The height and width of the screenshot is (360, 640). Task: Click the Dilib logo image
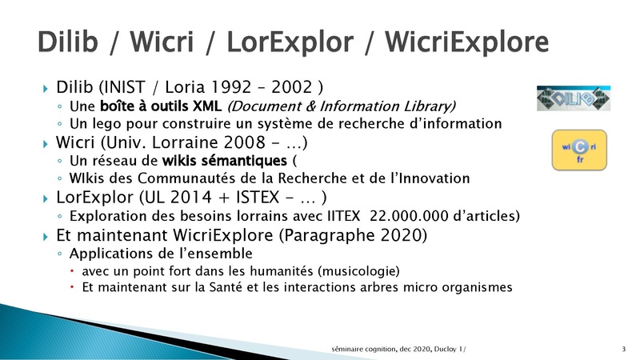(574, 98)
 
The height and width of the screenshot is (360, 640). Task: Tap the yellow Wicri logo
(579, 150)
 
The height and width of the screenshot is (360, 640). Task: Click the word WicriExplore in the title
(466, 42)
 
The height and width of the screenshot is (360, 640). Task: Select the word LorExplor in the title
(290, 42)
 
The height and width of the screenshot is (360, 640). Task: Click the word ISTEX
(258, 197)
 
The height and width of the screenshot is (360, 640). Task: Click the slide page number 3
(624, 349)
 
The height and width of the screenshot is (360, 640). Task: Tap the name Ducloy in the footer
(446, 349)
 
